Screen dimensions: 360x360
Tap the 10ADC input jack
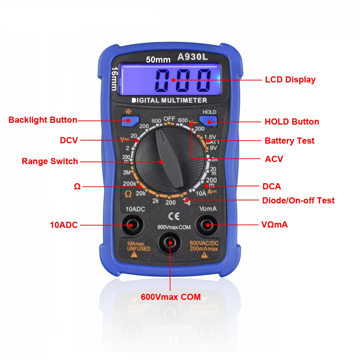[131, 225]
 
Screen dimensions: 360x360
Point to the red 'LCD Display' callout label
[290, 80]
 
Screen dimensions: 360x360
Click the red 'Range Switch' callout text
[50, 161]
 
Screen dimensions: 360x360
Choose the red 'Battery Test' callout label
[289, 141]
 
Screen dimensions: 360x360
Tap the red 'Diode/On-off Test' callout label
[298, 201]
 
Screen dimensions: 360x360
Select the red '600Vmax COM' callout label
[171, 297]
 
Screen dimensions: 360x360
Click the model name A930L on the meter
[193, 57]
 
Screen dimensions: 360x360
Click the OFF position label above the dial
[170, 119]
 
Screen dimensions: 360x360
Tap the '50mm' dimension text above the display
[158, 60]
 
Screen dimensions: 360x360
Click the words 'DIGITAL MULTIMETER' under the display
[169, 100]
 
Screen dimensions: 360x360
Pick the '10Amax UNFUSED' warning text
[139, 246]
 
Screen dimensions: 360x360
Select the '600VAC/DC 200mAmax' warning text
[204, 246]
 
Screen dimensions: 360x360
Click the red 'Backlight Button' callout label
[43, 120]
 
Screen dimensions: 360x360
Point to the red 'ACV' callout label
[274, 159]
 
